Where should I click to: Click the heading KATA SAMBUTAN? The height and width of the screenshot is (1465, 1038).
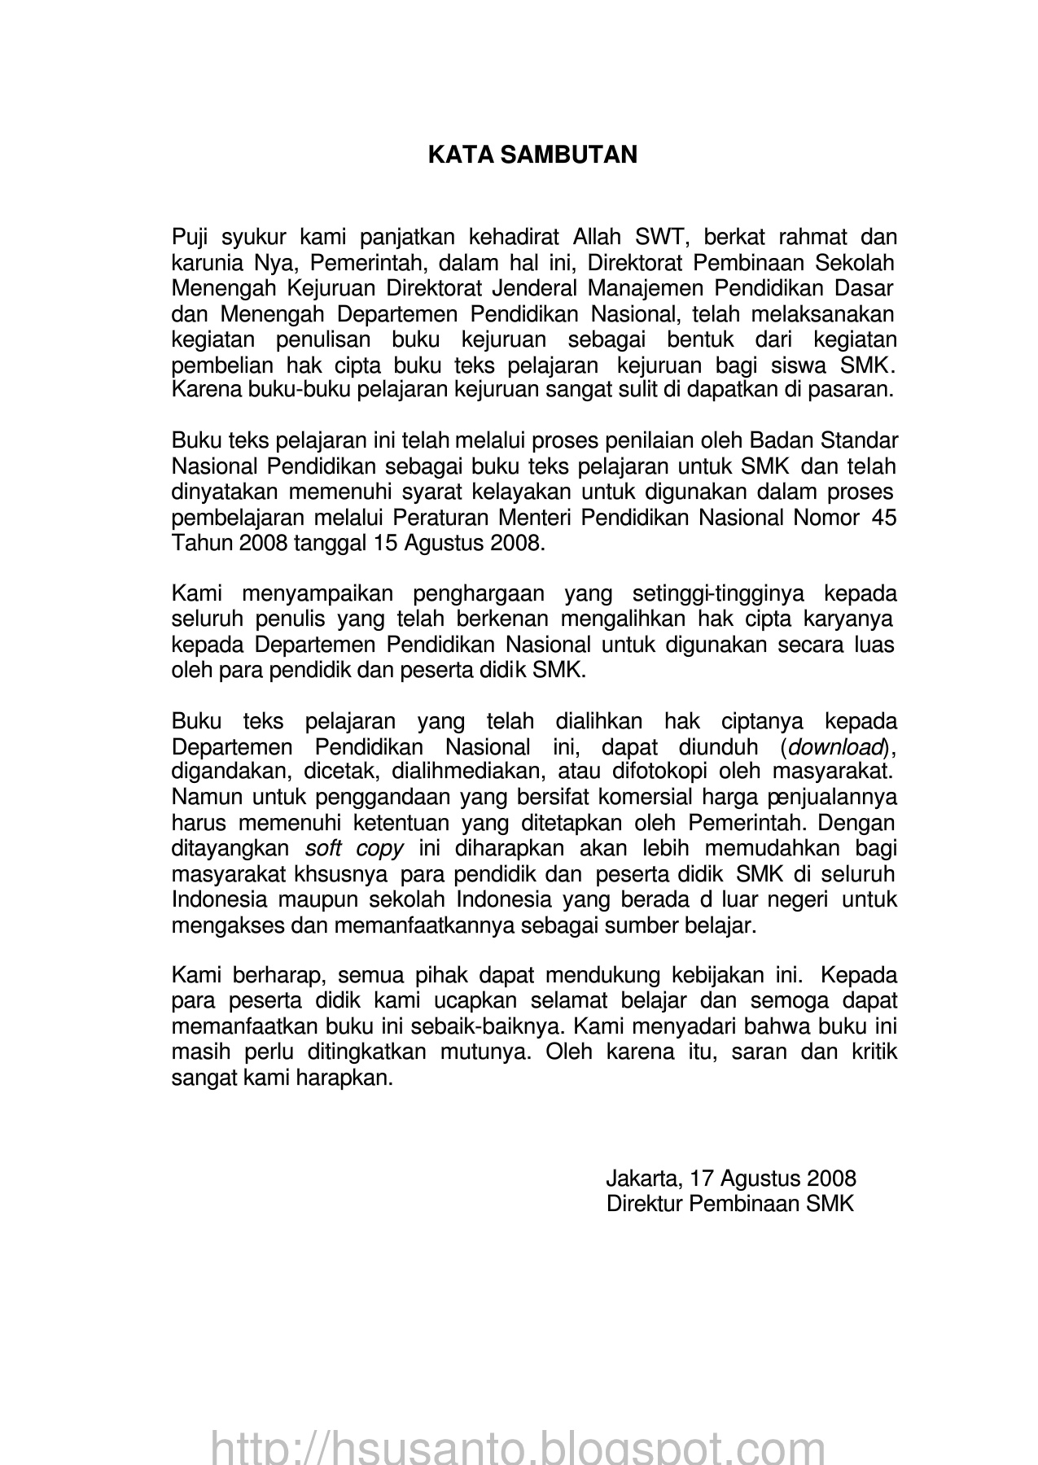(x=532, y=155)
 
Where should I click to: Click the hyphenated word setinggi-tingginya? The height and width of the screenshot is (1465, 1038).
(x=716, y=593)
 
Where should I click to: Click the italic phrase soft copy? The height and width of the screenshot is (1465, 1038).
(x=354, y=848)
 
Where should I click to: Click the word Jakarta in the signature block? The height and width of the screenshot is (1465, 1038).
(x=642, y=1179)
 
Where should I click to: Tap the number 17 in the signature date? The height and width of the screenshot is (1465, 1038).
(x=699, y=1179)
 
